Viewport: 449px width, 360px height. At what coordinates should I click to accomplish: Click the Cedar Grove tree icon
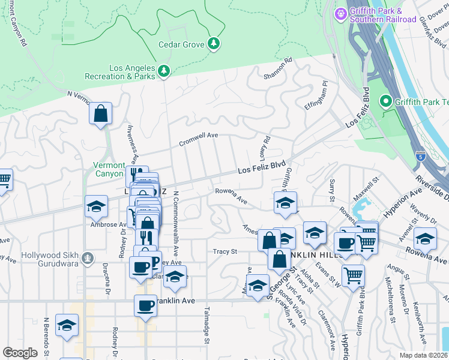213,44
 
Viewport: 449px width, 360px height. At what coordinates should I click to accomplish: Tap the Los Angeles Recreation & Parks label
132,73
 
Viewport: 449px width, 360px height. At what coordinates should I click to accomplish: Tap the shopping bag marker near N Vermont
101,113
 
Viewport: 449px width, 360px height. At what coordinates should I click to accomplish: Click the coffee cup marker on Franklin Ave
145,305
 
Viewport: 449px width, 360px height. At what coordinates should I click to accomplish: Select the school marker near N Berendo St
66,325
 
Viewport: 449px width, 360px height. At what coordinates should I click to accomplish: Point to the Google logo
20,352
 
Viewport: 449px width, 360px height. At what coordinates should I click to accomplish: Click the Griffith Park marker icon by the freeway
385,102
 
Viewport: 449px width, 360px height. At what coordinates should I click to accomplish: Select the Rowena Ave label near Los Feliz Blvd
231,195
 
